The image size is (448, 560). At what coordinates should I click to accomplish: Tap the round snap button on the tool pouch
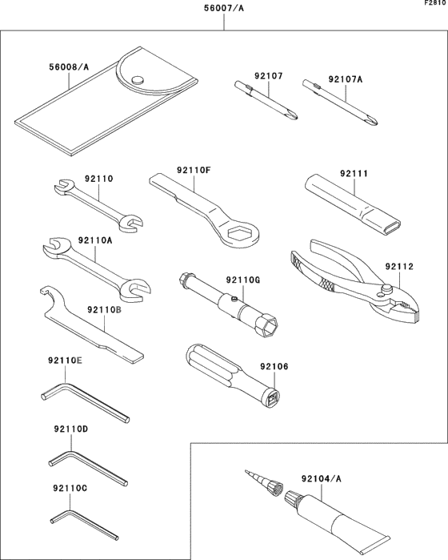point(137,79)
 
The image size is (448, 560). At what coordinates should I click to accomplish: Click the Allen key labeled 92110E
point(80,401)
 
